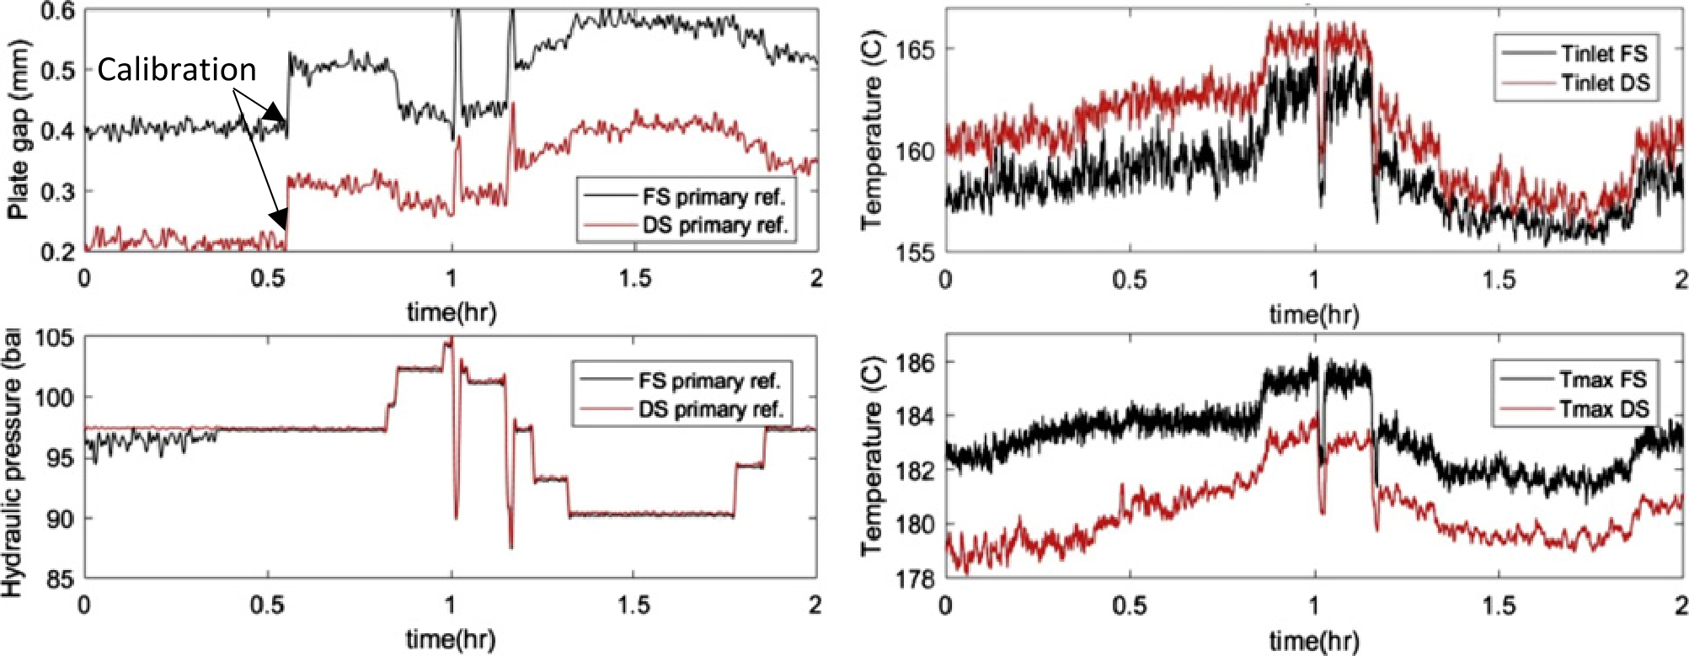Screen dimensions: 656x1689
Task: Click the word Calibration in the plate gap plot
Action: click(176, 70)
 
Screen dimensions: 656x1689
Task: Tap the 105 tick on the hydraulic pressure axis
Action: click(55, 339)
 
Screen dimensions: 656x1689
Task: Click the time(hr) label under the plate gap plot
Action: click(452, 312)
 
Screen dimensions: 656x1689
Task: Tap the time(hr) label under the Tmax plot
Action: click(1314, 641)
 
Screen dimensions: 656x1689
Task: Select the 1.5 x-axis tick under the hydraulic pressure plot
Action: click(633, 605)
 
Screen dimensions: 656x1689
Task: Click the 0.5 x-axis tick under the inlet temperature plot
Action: click(1129, 279)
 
